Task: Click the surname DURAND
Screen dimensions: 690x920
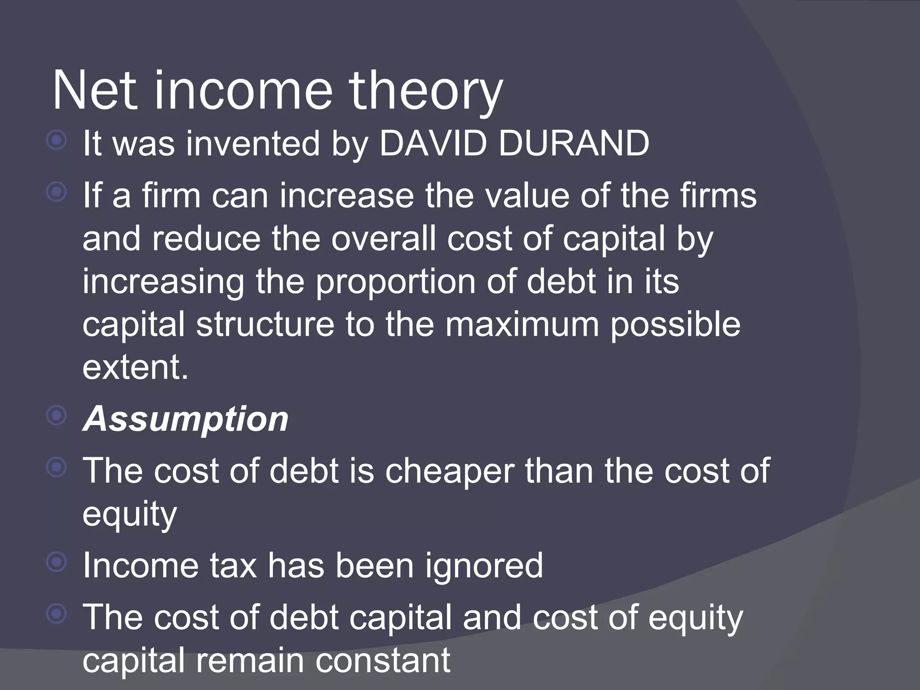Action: click(x=574, y=144)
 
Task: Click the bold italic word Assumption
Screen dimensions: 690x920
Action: click(x=186, y=419)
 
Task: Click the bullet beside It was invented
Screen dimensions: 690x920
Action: click(x=57, y=141)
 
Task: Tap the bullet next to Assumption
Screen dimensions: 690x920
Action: click(x=57, y=416)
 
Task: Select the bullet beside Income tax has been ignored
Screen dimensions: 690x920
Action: click(x=57, y=562)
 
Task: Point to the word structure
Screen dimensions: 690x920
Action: click(x=265, y=324)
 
